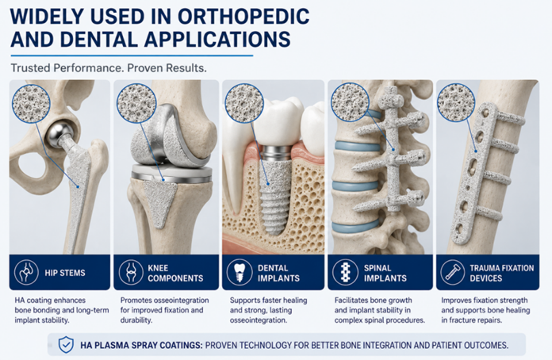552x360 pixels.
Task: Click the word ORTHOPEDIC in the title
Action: click(x=243, y=16)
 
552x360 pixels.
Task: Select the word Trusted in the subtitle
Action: click(x=31, y=67)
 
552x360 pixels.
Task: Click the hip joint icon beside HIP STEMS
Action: click(x=26, y=272)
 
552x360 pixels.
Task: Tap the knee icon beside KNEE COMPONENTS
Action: click(x=131, y=272)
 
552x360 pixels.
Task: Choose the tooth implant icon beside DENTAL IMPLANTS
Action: click(x=240, y=272)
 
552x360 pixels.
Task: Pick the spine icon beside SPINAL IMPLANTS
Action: click(x=345, y=272)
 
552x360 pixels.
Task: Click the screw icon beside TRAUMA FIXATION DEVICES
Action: click(x=452, y=272)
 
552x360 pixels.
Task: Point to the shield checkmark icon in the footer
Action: click(x=66, y=345)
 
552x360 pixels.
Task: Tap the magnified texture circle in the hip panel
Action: click(x=31, y=103)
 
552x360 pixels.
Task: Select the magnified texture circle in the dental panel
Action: click(x=244, y=103)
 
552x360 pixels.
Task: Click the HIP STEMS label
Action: click(x=65, y=273)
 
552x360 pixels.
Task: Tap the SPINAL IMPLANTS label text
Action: click(x=385, y=273)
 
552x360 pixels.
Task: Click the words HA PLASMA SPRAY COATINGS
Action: click(x=141, y=345)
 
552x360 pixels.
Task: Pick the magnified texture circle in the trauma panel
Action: click(x=456, y=103)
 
